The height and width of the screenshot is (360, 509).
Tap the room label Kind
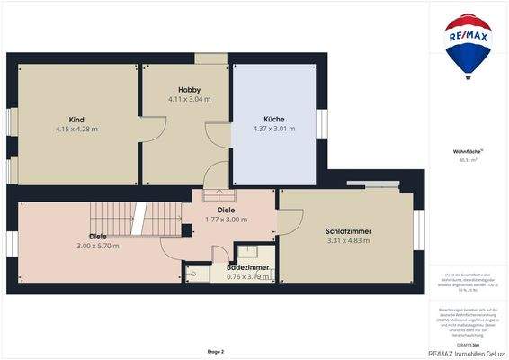click(x=76, y=120)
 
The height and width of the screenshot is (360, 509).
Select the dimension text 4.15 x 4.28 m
click(x=76, y=130)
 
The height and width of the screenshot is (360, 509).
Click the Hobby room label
click(x=189, y=90)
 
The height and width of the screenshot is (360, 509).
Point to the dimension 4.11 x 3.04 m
click(x=189, y=99)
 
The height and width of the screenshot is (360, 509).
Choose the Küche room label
click(x=274, y=120)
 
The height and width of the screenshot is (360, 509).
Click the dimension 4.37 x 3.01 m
click(x=274, y=130)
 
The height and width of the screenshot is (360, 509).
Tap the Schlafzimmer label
click(x=349, y=231)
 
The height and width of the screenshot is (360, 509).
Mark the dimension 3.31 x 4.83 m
click(x=349, y=241)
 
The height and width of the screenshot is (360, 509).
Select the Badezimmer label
click(x=248, y=268)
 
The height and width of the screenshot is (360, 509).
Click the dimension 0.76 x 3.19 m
click(x=248, y=277)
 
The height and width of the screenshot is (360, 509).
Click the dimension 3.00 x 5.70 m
click(x=97, y=246)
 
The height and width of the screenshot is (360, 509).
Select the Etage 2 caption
click(x=215, y=351)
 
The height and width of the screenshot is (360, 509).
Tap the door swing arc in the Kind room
click(x=149, y=131)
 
